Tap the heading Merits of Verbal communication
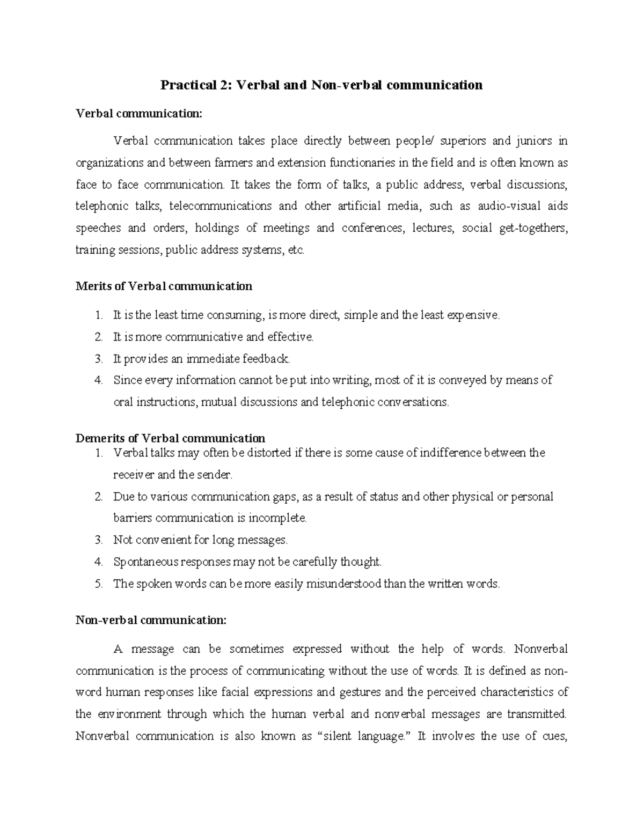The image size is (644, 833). [164, 286]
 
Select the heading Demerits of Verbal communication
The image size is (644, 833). [170, 438]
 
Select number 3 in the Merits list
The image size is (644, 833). [98, 358]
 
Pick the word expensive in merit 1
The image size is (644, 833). [472, 315]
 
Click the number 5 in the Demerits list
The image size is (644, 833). [98, 584]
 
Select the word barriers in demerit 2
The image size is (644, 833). [133, 518]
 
